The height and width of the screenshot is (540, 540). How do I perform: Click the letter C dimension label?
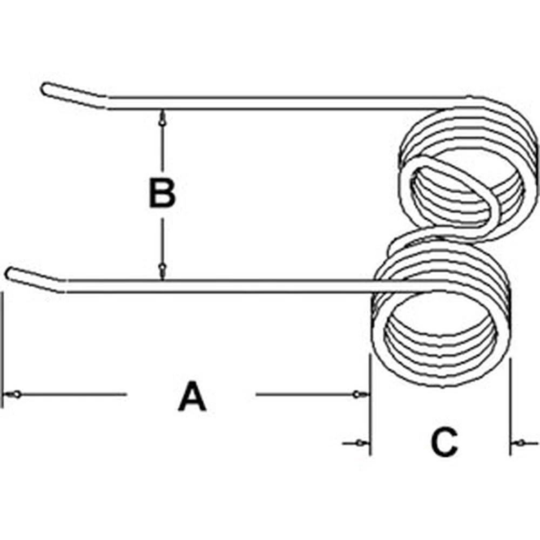pos(444,443)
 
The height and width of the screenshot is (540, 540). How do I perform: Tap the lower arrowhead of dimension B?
pos(162,268)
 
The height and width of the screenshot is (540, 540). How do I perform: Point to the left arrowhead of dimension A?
pos(18,394)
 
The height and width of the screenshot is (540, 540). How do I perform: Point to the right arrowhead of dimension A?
pos(357,395)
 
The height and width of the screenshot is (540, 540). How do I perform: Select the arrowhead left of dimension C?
pos(357,443)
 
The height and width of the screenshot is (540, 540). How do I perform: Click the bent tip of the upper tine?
pos(47,88)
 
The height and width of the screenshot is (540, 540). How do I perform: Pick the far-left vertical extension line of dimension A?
pos(3,351)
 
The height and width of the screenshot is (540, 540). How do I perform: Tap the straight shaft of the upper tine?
pos(281,103)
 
